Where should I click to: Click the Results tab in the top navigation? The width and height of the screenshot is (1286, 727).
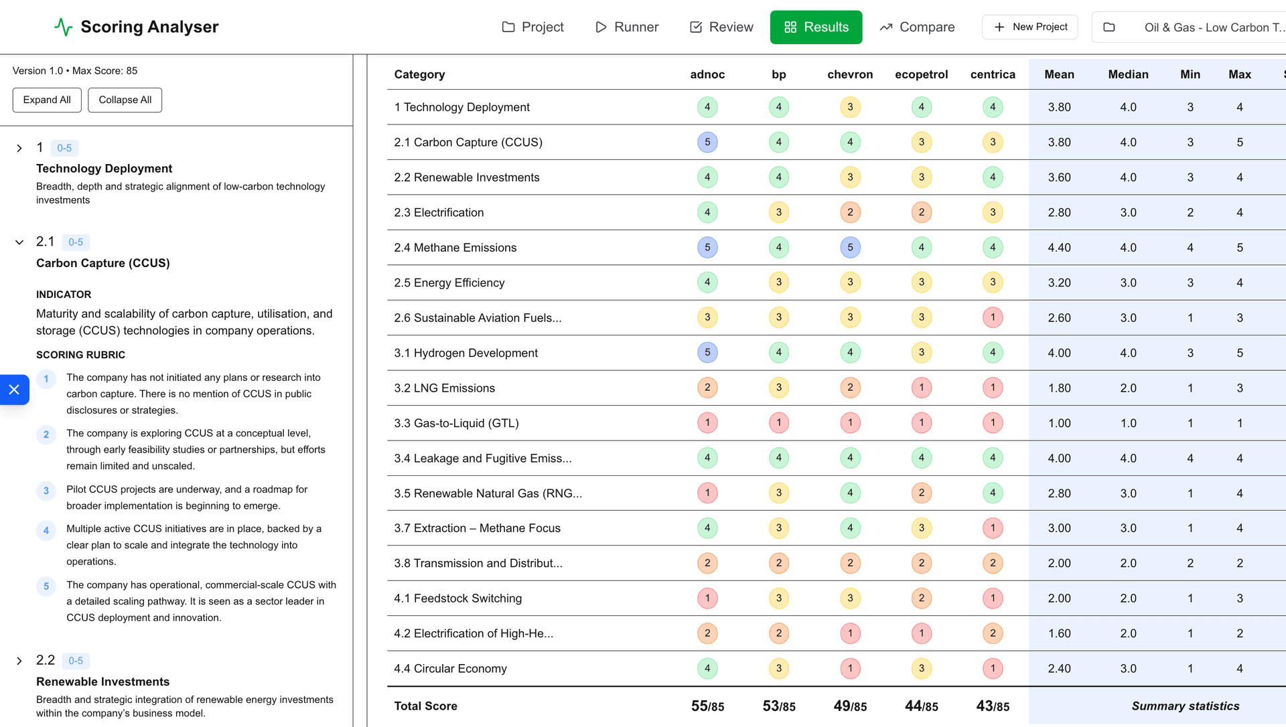[816, 27]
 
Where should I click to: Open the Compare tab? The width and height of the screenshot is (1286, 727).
[917, 27]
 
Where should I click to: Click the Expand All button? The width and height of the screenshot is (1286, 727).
[47, 100]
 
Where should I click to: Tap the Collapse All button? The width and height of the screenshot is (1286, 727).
[125, 100]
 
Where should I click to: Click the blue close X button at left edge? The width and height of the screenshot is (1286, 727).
[14, 390]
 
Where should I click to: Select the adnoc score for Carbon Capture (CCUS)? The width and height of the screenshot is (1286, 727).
[707, 142]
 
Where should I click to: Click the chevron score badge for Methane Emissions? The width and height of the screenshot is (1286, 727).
[850, 248]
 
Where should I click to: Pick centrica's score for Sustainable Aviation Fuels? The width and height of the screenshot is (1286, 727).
[993, 317]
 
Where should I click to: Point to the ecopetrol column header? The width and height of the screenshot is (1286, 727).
[921, 74]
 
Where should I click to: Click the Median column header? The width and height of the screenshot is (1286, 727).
[1128, 74]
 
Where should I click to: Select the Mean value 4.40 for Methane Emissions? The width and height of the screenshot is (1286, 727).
[1059, 248]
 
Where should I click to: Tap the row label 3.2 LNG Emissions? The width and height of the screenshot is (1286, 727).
[444, 388]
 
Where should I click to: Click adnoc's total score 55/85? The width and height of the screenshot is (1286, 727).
[707, 706]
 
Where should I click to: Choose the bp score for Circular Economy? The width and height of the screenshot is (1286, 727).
[778, 668]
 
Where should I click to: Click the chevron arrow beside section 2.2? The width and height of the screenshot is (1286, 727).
[19, 661]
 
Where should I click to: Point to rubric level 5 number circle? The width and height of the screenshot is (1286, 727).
[46, 586]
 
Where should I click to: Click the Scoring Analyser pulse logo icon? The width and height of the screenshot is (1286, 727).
[64, 27]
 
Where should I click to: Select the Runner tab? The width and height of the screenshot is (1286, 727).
[627, 27]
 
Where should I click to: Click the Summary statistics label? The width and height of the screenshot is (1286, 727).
[1185, 706]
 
